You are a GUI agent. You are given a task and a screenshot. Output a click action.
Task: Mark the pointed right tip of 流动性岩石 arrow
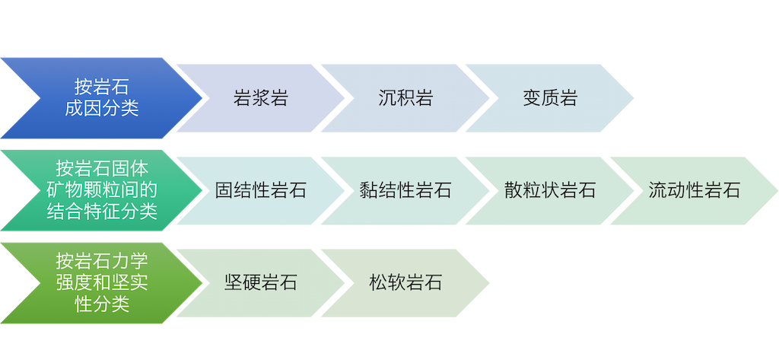point(775,190)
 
